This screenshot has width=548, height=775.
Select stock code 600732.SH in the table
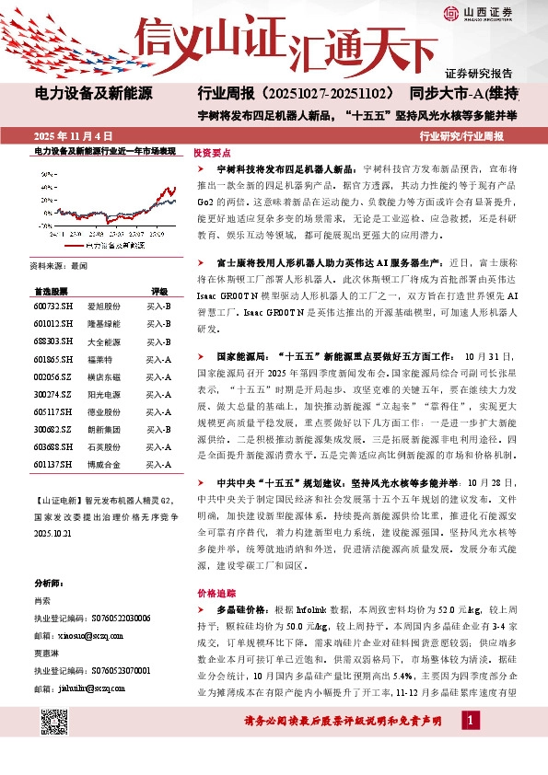point(52,307)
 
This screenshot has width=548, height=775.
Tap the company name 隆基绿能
point(102,324)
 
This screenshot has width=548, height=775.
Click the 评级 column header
point(159,289)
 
